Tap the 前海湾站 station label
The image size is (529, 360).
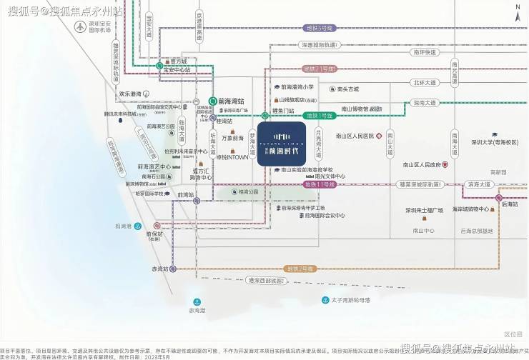pos(232,101)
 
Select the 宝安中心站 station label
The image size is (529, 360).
pos(179,70)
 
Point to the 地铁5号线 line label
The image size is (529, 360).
pos(320,28)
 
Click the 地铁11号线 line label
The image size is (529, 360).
pos(320,184)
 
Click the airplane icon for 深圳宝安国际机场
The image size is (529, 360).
pos(80,26)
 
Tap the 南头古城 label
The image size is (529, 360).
pos(348,89)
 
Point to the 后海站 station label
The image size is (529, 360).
pos(510,204)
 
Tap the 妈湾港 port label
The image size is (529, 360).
pos(124,226)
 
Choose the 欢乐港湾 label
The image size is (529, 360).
pos(132,93)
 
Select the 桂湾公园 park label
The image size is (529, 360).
pos(248,192)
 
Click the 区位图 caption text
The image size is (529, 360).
pos(513,334)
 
